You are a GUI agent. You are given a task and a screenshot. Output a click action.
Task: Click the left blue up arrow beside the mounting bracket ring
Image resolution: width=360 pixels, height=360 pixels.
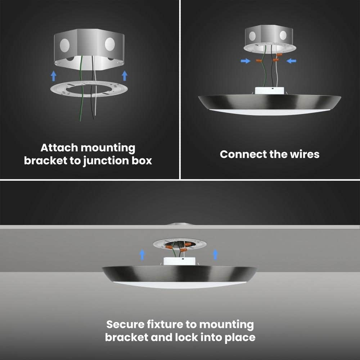coord(53,76)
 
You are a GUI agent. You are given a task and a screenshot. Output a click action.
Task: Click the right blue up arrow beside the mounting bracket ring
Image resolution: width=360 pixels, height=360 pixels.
coord(125,76)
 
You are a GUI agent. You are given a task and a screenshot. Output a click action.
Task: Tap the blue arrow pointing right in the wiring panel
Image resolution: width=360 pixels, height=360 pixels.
coord(246,61)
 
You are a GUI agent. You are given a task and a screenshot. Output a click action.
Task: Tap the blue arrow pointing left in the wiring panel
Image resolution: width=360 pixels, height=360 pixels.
coord(291,61)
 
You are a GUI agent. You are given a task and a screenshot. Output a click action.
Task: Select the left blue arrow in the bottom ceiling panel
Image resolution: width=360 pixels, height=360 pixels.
coord(142,255)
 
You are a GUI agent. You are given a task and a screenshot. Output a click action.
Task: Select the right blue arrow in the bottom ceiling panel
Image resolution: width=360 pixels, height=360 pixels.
coord(215,255)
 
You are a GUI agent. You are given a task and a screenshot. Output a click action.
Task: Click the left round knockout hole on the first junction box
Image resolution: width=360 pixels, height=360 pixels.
coord(65,45)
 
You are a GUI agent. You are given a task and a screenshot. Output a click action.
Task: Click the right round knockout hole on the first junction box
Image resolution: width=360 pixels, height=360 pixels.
coord(110,44)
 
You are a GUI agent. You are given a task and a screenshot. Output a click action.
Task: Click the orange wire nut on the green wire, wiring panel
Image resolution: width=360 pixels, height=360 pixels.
coord(259,60)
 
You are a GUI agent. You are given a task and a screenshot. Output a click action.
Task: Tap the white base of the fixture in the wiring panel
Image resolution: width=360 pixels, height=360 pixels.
coord(269,90)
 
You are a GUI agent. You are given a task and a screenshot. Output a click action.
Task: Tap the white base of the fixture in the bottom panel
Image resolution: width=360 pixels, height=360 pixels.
coord(178,261)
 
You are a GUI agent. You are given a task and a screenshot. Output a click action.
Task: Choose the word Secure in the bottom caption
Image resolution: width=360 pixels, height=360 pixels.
coord(125,324)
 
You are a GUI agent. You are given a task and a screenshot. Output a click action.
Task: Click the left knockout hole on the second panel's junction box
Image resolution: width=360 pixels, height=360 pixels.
coord(252,36)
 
